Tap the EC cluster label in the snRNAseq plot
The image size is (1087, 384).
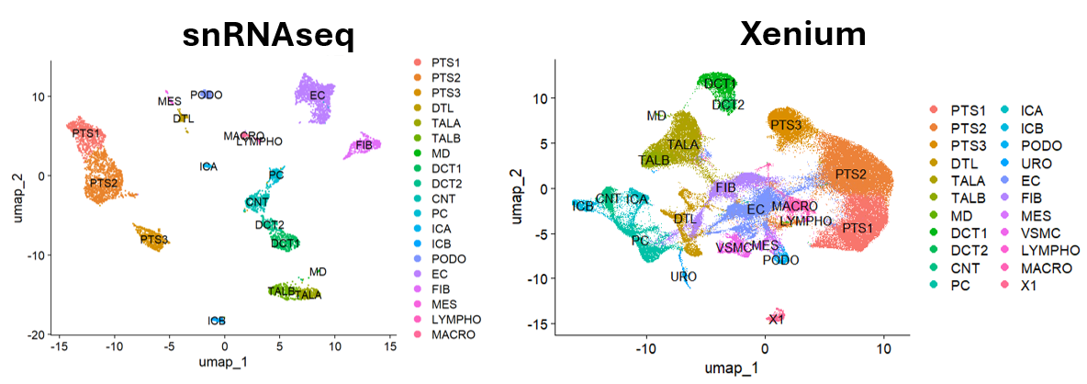[x=318, y=95]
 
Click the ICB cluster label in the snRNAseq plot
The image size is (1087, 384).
[x=217, y=321]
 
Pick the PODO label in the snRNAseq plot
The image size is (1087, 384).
[x=207, y=95]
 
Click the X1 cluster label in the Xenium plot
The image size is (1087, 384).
[x=776, y=319]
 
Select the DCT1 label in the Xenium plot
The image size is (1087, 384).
[x=720, y=84]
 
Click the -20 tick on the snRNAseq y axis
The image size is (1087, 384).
[x=37, y=334]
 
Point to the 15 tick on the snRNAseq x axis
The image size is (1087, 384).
[x=390, y=350]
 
